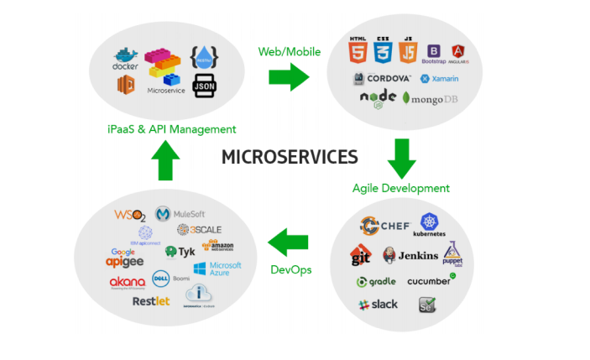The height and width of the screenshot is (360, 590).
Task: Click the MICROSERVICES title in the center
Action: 290,157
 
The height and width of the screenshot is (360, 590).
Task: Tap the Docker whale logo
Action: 127,58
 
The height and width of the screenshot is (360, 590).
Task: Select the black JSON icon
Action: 205,85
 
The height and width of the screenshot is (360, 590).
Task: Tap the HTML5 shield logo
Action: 359,51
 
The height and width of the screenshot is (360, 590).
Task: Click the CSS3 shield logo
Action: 384,51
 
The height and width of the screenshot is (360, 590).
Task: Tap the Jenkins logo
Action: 411,255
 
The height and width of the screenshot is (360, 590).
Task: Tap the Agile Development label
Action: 400,188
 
